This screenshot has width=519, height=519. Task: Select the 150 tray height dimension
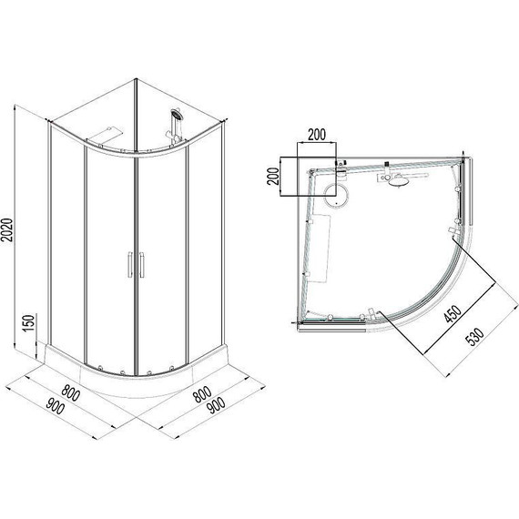click(27, 323)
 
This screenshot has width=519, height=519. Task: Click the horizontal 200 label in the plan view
click(316, 136)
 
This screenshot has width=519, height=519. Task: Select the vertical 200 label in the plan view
click(271, 177)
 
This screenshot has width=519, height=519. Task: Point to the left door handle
click(128, 263)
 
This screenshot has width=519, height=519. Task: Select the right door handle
click(140, 263)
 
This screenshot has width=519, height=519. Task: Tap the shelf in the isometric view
click(107, 132)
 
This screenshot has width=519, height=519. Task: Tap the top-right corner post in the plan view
click(466, 165)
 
